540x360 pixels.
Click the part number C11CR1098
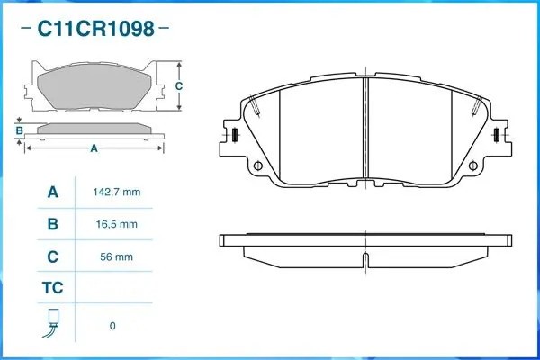[x=94, y=29]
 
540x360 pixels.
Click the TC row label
[x=53, y=288]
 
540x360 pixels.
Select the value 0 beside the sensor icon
[x=112, y=326]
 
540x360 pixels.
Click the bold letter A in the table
[x=53, y=193]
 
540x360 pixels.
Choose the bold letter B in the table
[x=53, y=224]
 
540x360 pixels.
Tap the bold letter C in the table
[x=53, y=256]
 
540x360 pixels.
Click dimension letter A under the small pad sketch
[x=94, y=149]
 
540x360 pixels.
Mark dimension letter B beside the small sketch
[x=19, y=131]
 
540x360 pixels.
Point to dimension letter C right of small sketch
[x=178, y=86]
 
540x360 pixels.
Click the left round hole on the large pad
[x=258, y=166]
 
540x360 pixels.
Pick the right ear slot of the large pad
[x=497, y=136]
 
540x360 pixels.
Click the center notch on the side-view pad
[x=365, y=261]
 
